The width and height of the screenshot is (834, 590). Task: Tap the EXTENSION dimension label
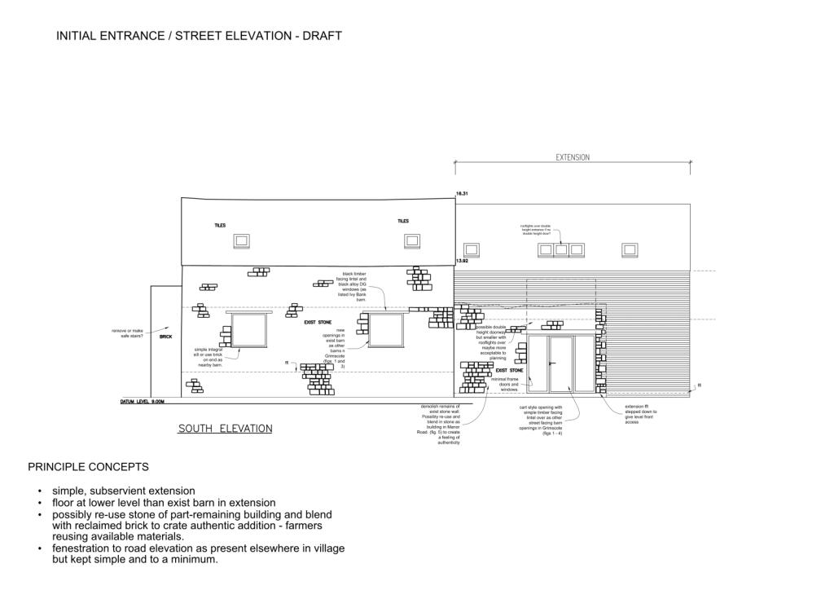[573, 157]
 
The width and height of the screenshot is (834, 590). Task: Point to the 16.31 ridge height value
[463, 194]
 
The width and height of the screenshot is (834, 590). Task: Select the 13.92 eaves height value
[462, 261]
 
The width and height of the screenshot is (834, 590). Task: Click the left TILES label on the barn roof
[220, 226]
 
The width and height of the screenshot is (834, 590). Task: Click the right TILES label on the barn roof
[403, 221]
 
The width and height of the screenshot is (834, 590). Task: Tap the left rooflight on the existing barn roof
[241, 240]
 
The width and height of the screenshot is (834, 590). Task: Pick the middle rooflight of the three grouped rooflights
[561, 249]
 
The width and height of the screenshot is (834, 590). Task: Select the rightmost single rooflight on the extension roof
[630, 249]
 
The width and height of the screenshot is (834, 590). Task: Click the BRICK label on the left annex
[165, 337]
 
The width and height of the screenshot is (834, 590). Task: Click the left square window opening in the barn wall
[249, 329]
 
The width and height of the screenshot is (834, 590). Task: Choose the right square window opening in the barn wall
[386, 329]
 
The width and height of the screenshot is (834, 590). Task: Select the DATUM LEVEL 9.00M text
[143, 402]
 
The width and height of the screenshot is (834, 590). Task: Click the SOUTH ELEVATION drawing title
[225, 429]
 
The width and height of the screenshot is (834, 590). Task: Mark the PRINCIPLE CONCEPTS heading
[88, 467]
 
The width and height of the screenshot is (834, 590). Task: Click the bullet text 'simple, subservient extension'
[123, 491]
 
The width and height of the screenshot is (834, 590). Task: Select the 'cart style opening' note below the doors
[541, 420]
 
